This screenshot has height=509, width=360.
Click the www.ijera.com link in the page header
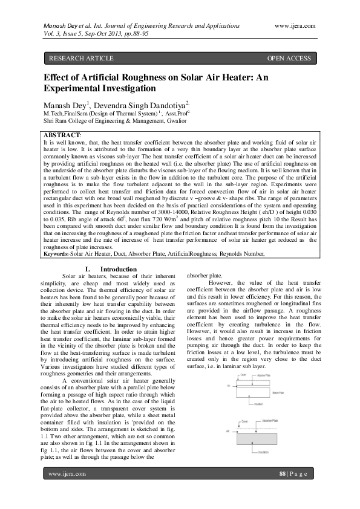(295, 25)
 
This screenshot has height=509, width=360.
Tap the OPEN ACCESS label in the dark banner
(289, 58)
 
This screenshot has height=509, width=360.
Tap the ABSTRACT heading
(62, 134)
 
